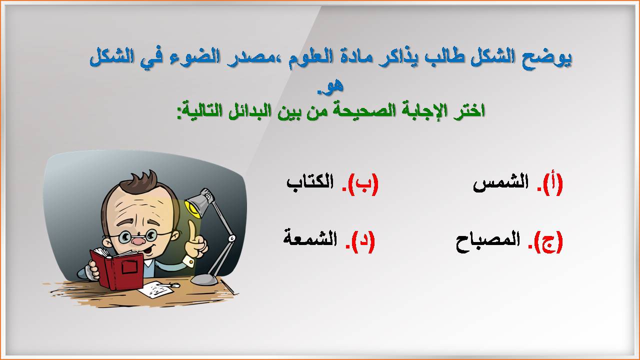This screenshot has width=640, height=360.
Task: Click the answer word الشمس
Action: [x=500, y=183]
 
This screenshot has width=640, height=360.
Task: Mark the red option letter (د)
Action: [x=363, y=241]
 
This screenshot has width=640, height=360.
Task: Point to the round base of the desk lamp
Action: [x=204, y=279]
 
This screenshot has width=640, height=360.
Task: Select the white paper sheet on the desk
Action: [x=155, y=289]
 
